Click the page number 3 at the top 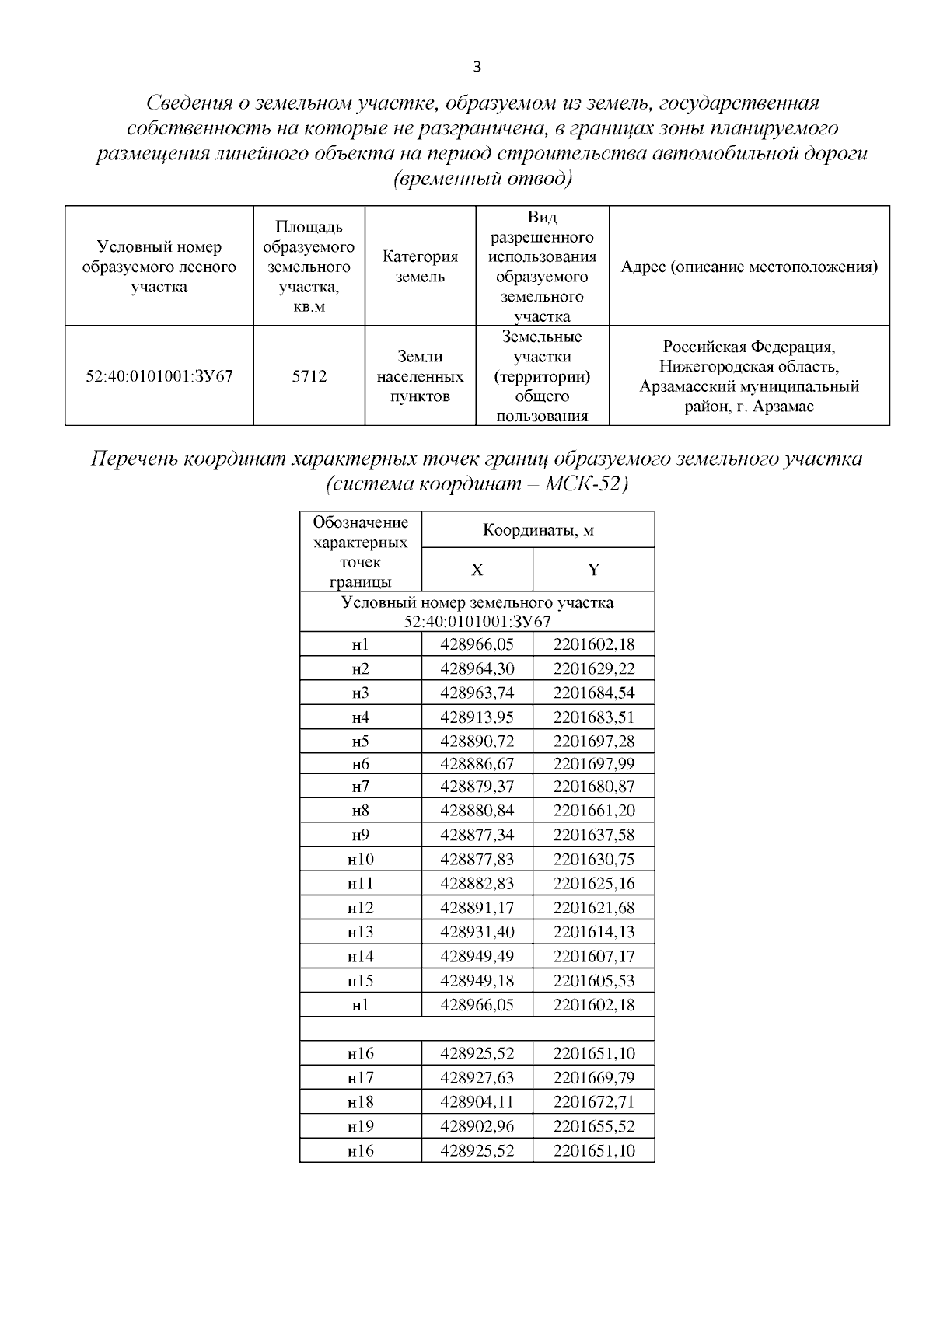[477, 67]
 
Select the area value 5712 [309, 376]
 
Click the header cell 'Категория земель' [420, 267]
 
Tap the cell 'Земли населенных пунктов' [420, 376]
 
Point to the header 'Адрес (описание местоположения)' [750, 267]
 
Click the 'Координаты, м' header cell [538, 530]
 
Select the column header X [477, 570]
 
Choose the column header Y [593, 570]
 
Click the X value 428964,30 [477, 668]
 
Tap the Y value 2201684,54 [594, 693]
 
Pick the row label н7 [360, 787]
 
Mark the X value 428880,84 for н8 [477, 811]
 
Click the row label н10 [360, 859]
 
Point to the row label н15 [360, 980]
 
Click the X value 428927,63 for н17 [477, 1077]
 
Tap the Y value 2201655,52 [594, 1125]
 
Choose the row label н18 [360, 1101]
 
